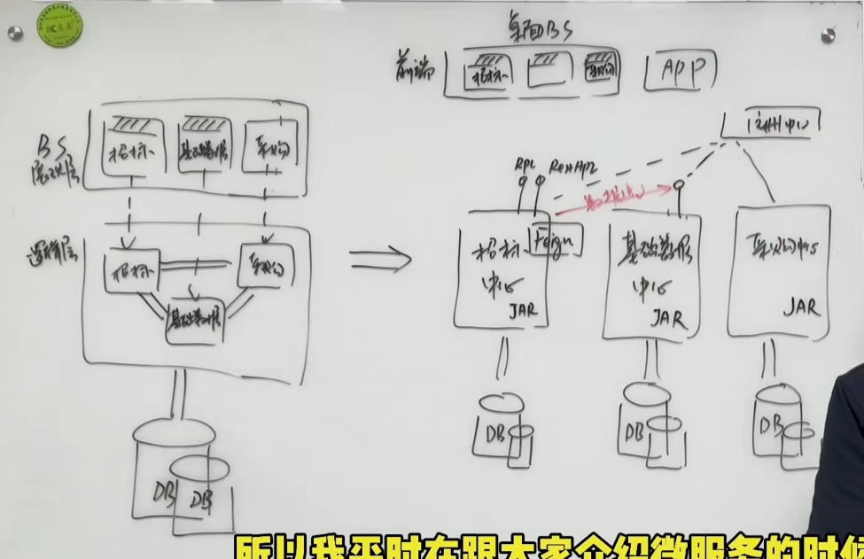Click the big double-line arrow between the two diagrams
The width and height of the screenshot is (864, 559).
point(380,260)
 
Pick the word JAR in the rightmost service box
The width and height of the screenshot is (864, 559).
point(801,308)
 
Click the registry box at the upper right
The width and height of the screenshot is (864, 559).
point(775,121)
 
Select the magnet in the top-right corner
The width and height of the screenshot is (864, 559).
point(828,35)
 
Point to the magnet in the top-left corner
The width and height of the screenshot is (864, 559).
point(14,33)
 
